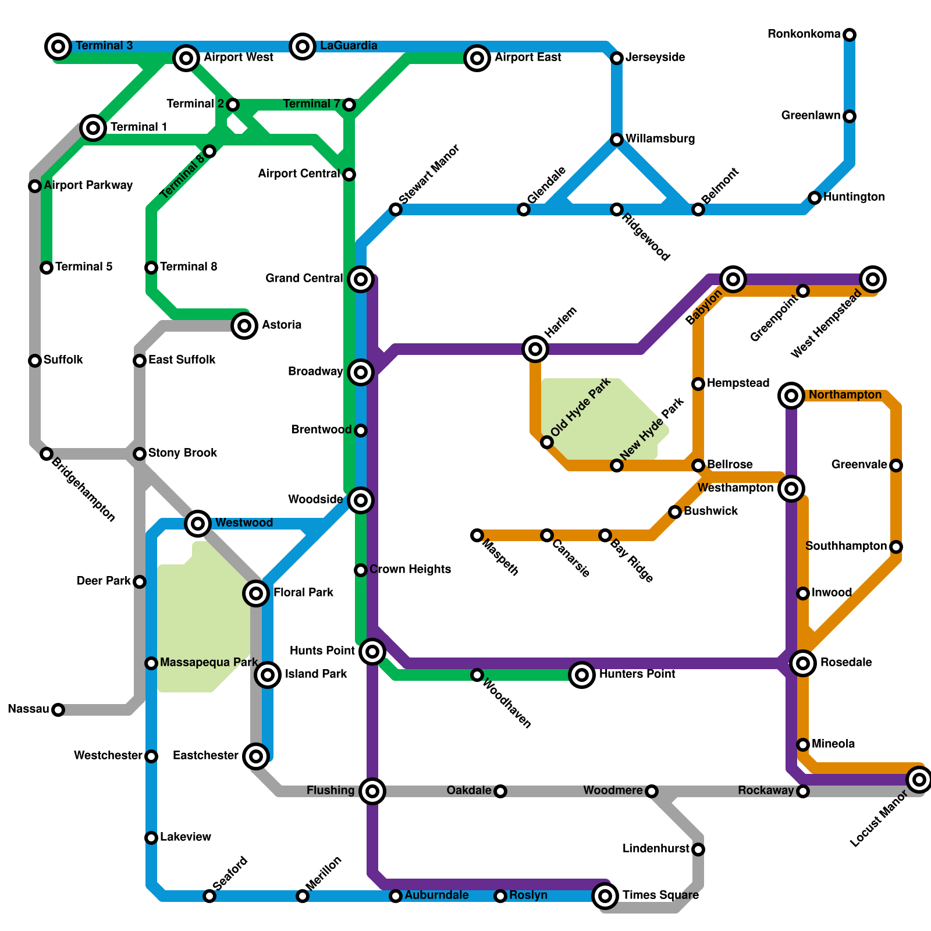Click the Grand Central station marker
click(x=361, y=279)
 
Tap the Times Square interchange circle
click(x=605, y=896)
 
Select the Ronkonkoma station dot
click(x=850, y=35)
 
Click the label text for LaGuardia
click(x=349, y=45)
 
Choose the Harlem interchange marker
click(x=535, y=349)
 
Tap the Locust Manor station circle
click(x=919, y=780)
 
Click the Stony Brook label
click(x=183, y=453)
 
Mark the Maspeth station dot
click(x=477, y=535)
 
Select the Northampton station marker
click(x=791, y=396)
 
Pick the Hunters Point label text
click(x=637, y=674)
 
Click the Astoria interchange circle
click(x=244, y=326)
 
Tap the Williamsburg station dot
click(x=617, y=140)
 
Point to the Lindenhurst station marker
click(x=698, y=850)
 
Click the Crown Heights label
click(x=410, y=569)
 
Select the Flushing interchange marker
click(x=372, y=791)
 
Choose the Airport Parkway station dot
click(x=35, y=186)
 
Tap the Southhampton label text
click(x=846, y=546)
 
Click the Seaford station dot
click(x=209, y=896)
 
